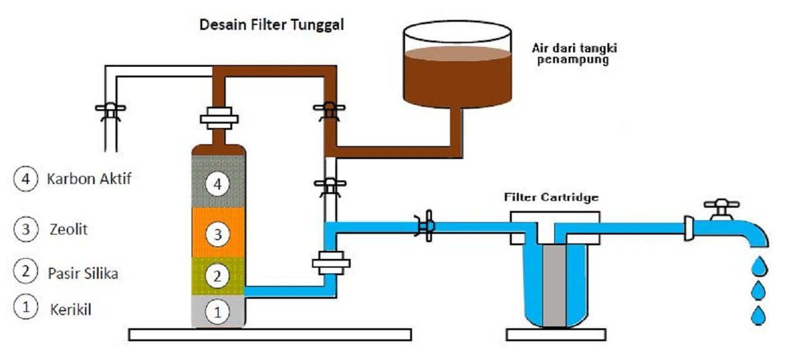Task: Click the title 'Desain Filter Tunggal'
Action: (x=272, y=26)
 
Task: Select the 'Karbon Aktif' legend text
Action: (x=89, y=179)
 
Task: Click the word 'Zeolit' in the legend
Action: (x=68, y=230)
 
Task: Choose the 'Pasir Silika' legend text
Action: (x=82, y=273)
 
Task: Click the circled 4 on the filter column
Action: (x=217, y=185)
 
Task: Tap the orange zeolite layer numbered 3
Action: (x=217, y=235)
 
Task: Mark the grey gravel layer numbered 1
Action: (x=217, y=311)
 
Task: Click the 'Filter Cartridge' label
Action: (x=551, y=198)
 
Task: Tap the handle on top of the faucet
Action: (x=721, y=204)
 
